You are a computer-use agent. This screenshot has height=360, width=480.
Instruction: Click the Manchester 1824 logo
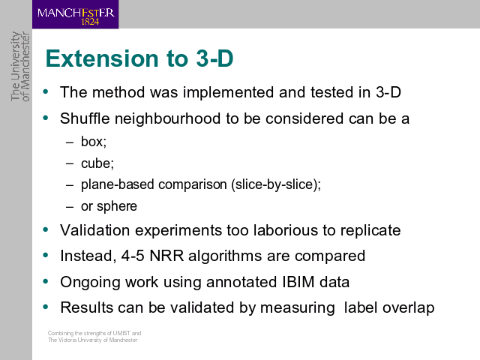pos(75,14)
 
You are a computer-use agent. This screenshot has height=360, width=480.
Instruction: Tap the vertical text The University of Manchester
pos(20,66)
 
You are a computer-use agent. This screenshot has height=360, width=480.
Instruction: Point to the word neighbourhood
pos(167,118)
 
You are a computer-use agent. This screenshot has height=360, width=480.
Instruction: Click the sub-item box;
pos(94,142)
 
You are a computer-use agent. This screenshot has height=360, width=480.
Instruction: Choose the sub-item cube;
pos(97,163)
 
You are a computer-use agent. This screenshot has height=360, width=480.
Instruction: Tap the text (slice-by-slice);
pos(276,184)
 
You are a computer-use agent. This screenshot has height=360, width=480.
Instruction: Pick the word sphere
pos(117,206)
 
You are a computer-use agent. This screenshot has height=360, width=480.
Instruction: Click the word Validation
pos(95,230)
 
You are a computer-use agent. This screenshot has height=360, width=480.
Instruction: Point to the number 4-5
pos(133,256)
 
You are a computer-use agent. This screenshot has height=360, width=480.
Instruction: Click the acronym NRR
pos(166,256)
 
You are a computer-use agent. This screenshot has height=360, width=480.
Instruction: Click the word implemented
pos(228,92)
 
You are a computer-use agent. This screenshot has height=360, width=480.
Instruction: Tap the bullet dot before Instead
pos(46,255)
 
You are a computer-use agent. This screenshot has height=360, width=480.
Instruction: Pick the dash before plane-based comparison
pos(70,185)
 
